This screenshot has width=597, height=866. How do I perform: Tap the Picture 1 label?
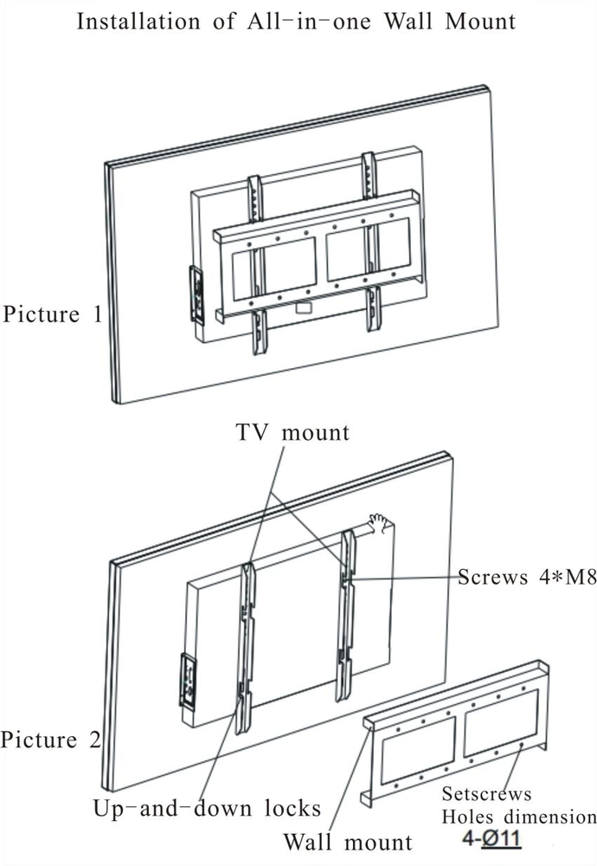pos(52,313)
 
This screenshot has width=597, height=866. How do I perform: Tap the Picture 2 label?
pos(50,740)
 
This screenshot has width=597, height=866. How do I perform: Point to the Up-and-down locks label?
pos(207,809)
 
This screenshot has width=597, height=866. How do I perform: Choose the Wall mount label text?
pos(349,841)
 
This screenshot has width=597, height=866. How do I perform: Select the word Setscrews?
pos(486,794)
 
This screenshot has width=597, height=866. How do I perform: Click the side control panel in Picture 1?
pos(197,295)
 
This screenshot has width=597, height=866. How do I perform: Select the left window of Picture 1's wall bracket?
pos(279,269)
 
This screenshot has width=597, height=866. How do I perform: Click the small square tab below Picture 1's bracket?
pos(303,307)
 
